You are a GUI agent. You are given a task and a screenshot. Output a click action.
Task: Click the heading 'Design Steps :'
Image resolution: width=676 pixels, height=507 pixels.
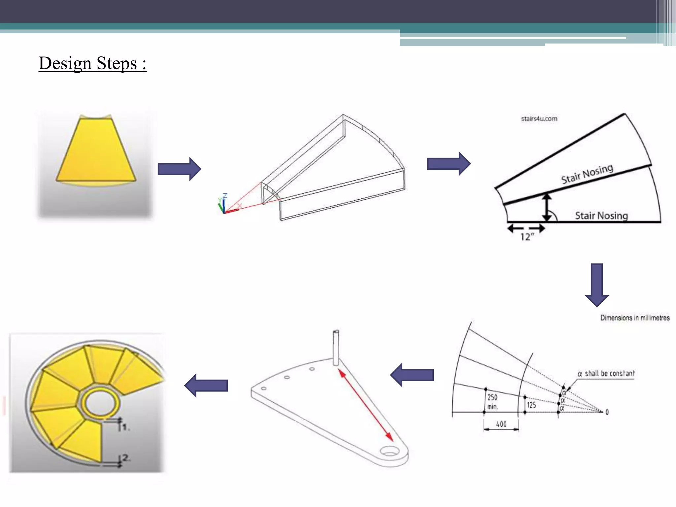pyautogui.click(x=92, y=63)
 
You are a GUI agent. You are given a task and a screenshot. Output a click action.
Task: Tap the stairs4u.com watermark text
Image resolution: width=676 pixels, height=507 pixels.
pyautogui.click(x=539, y=118)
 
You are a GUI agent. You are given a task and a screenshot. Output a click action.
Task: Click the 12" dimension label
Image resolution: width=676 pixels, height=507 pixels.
pyautogui.click(x=527, y=237)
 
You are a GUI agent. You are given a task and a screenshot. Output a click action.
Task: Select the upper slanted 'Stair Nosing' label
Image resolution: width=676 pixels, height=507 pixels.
pyautogui.click(x=587, y=174)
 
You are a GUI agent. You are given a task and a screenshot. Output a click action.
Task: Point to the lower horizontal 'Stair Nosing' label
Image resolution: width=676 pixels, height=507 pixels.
pyautogui.click(x=601, y=216)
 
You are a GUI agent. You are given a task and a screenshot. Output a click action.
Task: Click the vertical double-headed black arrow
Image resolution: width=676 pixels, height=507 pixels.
pyautogui.click(x=547, y=207)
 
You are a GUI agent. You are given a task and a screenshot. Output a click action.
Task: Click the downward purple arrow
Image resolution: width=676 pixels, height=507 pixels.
pyautogui.click(x=596, y=285)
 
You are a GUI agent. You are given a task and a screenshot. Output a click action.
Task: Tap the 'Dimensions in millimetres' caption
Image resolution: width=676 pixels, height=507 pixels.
pyautogui.click(x=635, y=318)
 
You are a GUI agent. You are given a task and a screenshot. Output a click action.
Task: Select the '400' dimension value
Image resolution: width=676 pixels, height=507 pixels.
pyautogui.click(x=501, y=424)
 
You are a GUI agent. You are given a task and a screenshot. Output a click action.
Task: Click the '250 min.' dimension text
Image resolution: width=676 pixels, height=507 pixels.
pyautogui.click(x=492, y=402)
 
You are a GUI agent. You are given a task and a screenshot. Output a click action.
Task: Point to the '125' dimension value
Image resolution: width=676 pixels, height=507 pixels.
pyautogui.click(x=531, y=405)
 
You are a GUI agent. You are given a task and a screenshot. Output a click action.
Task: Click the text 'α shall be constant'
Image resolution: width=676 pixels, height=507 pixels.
pyautogui.click(x=606, y=373)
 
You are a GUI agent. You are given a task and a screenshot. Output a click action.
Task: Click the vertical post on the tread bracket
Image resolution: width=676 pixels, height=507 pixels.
pyautogui.click(x=336, y=347)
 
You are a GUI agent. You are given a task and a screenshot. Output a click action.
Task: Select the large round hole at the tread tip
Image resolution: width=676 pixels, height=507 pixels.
pyautogui.click(x=390, y=451)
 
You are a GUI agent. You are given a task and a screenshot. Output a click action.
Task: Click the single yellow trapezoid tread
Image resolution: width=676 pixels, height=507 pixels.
pyautogui.click(x=96, y=150)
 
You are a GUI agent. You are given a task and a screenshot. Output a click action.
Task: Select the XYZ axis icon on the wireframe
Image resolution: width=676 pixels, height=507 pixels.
pyautogui.click(x=224, y=204)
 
